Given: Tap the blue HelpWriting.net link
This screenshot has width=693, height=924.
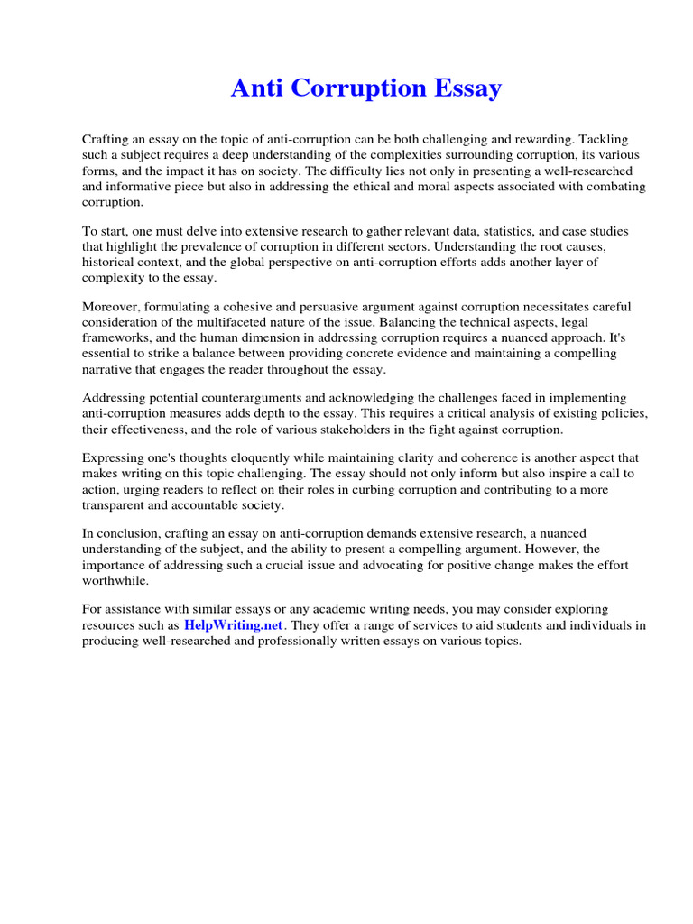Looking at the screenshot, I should coord(234,625).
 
